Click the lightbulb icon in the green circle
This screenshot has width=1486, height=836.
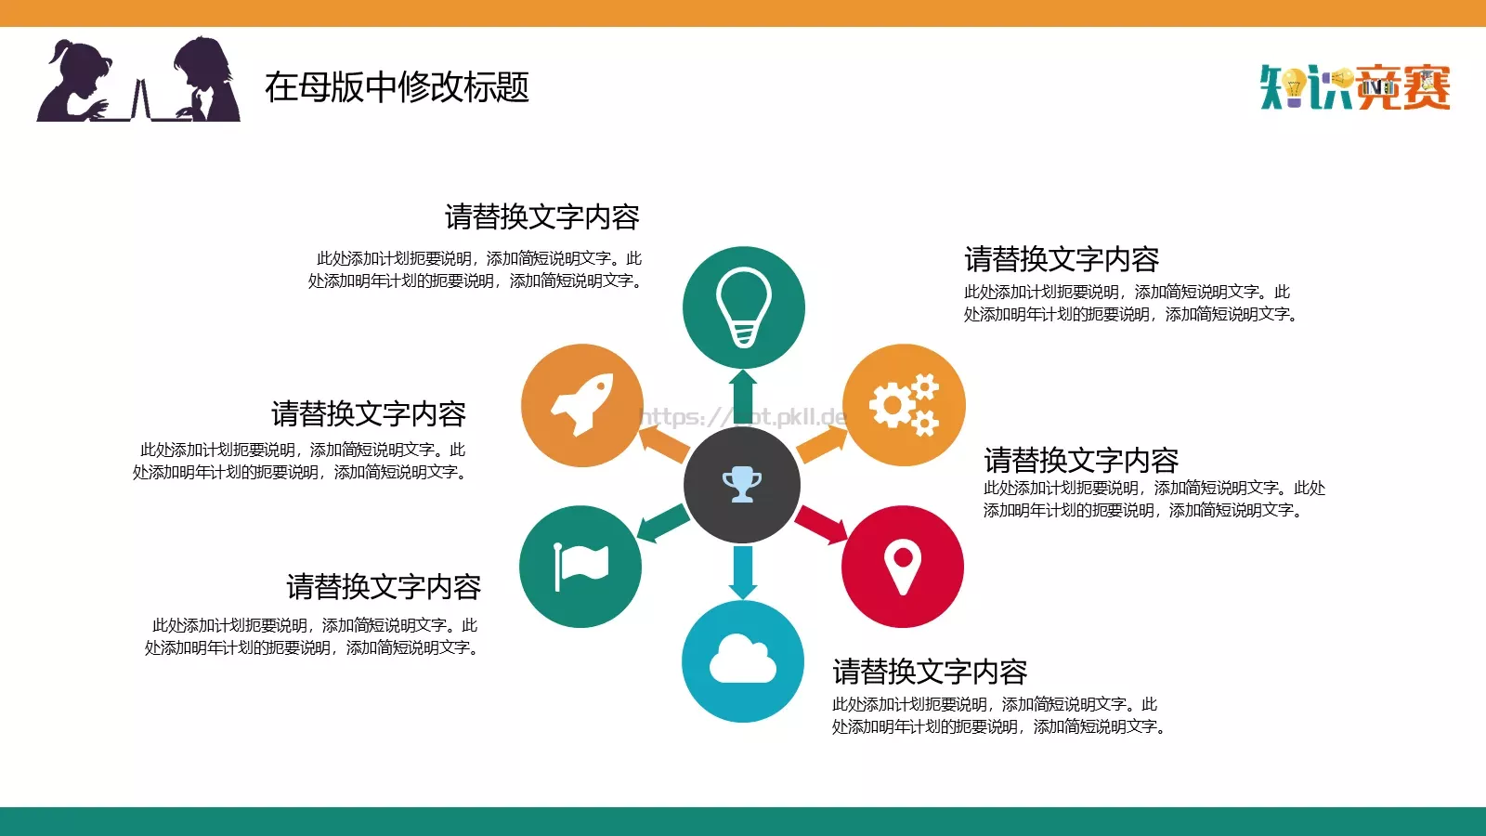743,307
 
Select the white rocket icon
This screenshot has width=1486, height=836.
582,404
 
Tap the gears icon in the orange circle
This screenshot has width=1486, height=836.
904,404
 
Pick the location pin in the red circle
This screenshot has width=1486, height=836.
903,566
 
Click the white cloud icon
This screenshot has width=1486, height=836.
743,660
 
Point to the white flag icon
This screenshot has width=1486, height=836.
580,566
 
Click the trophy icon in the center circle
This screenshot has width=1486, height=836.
742,484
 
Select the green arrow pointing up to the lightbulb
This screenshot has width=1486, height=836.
743,395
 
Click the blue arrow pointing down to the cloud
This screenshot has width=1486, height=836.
743,571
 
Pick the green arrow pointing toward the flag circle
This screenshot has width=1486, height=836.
662,524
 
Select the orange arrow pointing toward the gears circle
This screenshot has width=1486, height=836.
820,443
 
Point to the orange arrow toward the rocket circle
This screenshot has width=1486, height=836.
663,443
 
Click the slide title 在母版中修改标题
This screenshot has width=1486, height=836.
397,87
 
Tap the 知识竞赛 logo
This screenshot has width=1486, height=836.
1355,87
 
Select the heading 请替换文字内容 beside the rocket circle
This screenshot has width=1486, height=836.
368,413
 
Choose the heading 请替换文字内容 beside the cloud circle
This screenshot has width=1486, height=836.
930,671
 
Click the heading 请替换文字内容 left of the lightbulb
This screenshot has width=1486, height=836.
541,216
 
